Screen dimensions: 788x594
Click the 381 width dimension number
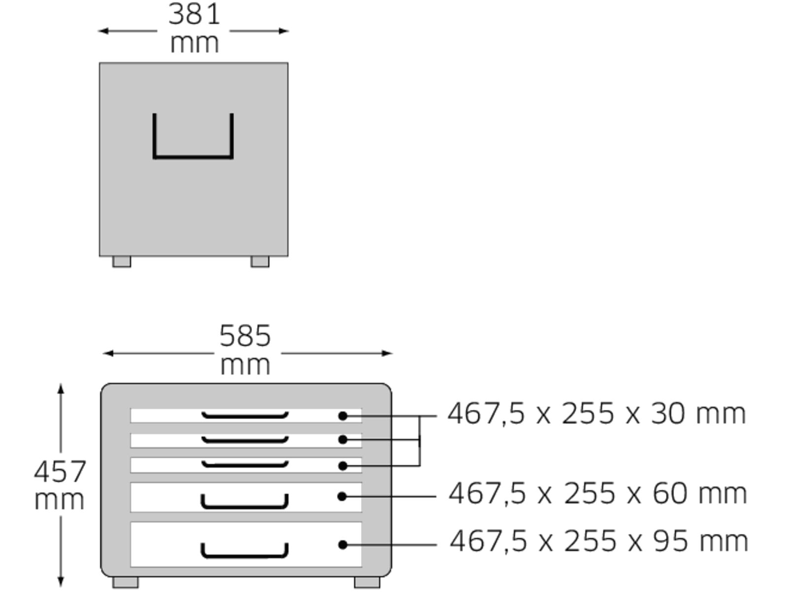coord(194,14)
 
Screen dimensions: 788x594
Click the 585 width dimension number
coord(245,336)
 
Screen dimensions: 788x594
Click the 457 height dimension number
coord(60,471)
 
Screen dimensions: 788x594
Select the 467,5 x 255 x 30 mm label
coord(596,414)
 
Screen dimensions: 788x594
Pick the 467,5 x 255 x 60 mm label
coord(598,494)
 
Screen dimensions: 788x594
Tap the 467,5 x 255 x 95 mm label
coord(599,541)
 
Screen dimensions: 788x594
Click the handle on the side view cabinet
coord(193,157)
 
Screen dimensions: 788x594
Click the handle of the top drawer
coord(245,416)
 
